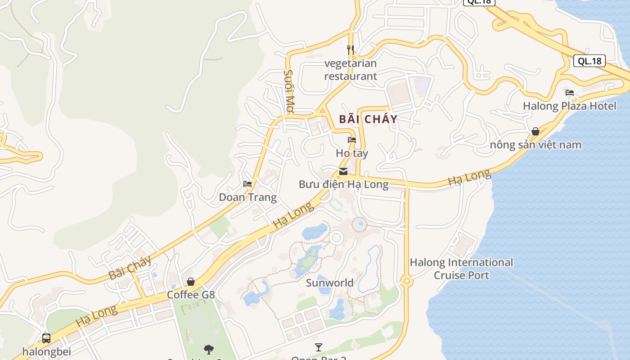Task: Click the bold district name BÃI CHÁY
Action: click(368, 119)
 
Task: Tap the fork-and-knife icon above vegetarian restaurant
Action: click(351, 49)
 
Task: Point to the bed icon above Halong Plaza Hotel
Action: click(570, 93)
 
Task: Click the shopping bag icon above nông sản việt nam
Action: click(535, 131)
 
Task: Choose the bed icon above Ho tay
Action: click(352, 140)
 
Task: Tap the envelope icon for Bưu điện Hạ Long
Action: click(343, 171)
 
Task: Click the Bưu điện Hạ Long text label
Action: click(343, 184)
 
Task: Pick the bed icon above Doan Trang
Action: click(247, 184)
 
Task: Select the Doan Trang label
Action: click(247, 197)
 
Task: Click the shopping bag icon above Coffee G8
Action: click(191, 282)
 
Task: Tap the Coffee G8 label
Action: click(191, 295)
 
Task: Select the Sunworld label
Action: click(329, 283)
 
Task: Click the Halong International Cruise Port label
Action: click(461, 269)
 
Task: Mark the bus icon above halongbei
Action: click(46, 338)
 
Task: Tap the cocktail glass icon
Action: click(319, 347)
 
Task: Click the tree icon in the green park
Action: click(208, 349)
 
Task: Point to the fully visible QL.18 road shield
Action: click(589, 61)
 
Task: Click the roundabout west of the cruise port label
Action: click(407, 281)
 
